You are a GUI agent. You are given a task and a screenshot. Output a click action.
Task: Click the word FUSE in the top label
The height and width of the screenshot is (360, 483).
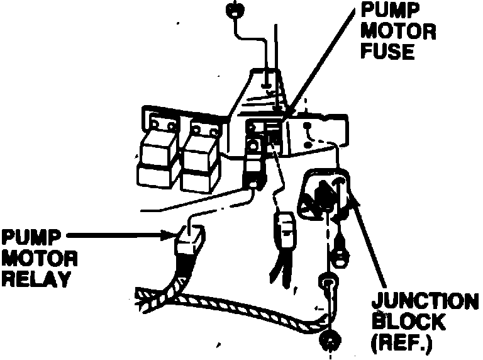pos(388,52)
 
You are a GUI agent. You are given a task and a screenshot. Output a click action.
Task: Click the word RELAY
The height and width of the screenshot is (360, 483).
pos(35,279)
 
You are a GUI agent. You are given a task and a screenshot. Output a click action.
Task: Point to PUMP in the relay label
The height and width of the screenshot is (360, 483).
pos(30,237)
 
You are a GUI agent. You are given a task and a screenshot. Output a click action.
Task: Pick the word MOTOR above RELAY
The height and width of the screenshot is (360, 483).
pos(39,258)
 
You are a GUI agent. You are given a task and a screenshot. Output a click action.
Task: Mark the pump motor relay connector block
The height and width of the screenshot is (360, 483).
pos(189,242)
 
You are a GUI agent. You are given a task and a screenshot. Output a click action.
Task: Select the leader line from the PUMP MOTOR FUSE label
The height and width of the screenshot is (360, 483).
pos(321,63)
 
